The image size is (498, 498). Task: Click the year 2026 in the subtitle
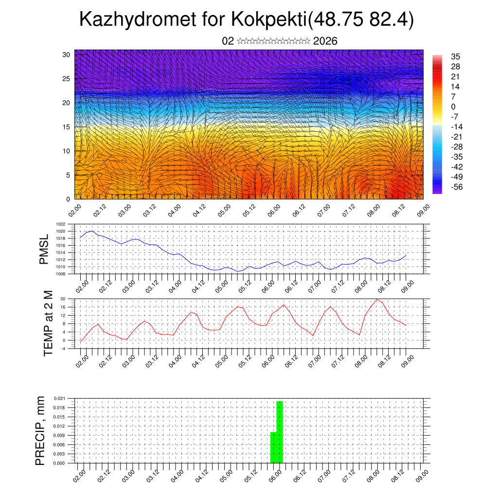tap(325, 41)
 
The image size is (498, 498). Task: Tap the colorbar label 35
tap(456, 56)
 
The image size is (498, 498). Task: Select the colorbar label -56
tap(458, 186)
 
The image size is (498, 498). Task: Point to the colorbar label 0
tap(453, 107)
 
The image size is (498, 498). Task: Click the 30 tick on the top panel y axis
tap(67, 54)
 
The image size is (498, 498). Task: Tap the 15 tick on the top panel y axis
tap(67, 127)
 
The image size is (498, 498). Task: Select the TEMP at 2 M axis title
tap(48, 323)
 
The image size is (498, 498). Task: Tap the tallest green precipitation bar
tap(280, 432)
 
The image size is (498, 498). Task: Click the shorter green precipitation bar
tap(273, 447)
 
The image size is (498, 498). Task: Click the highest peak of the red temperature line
tap(376, 299)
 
